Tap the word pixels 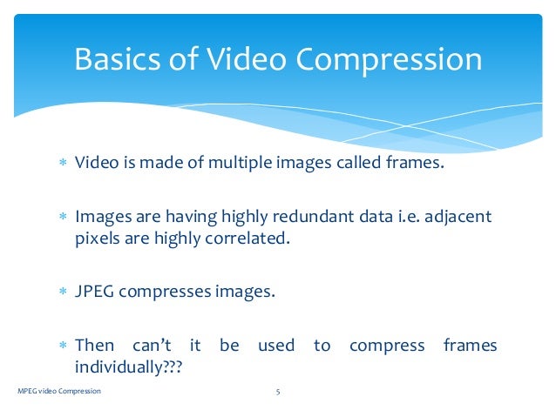point(97,238)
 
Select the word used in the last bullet point(276,346)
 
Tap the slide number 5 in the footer point(277,392)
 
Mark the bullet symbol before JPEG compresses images point(62,293)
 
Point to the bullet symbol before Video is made point(62,164)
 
